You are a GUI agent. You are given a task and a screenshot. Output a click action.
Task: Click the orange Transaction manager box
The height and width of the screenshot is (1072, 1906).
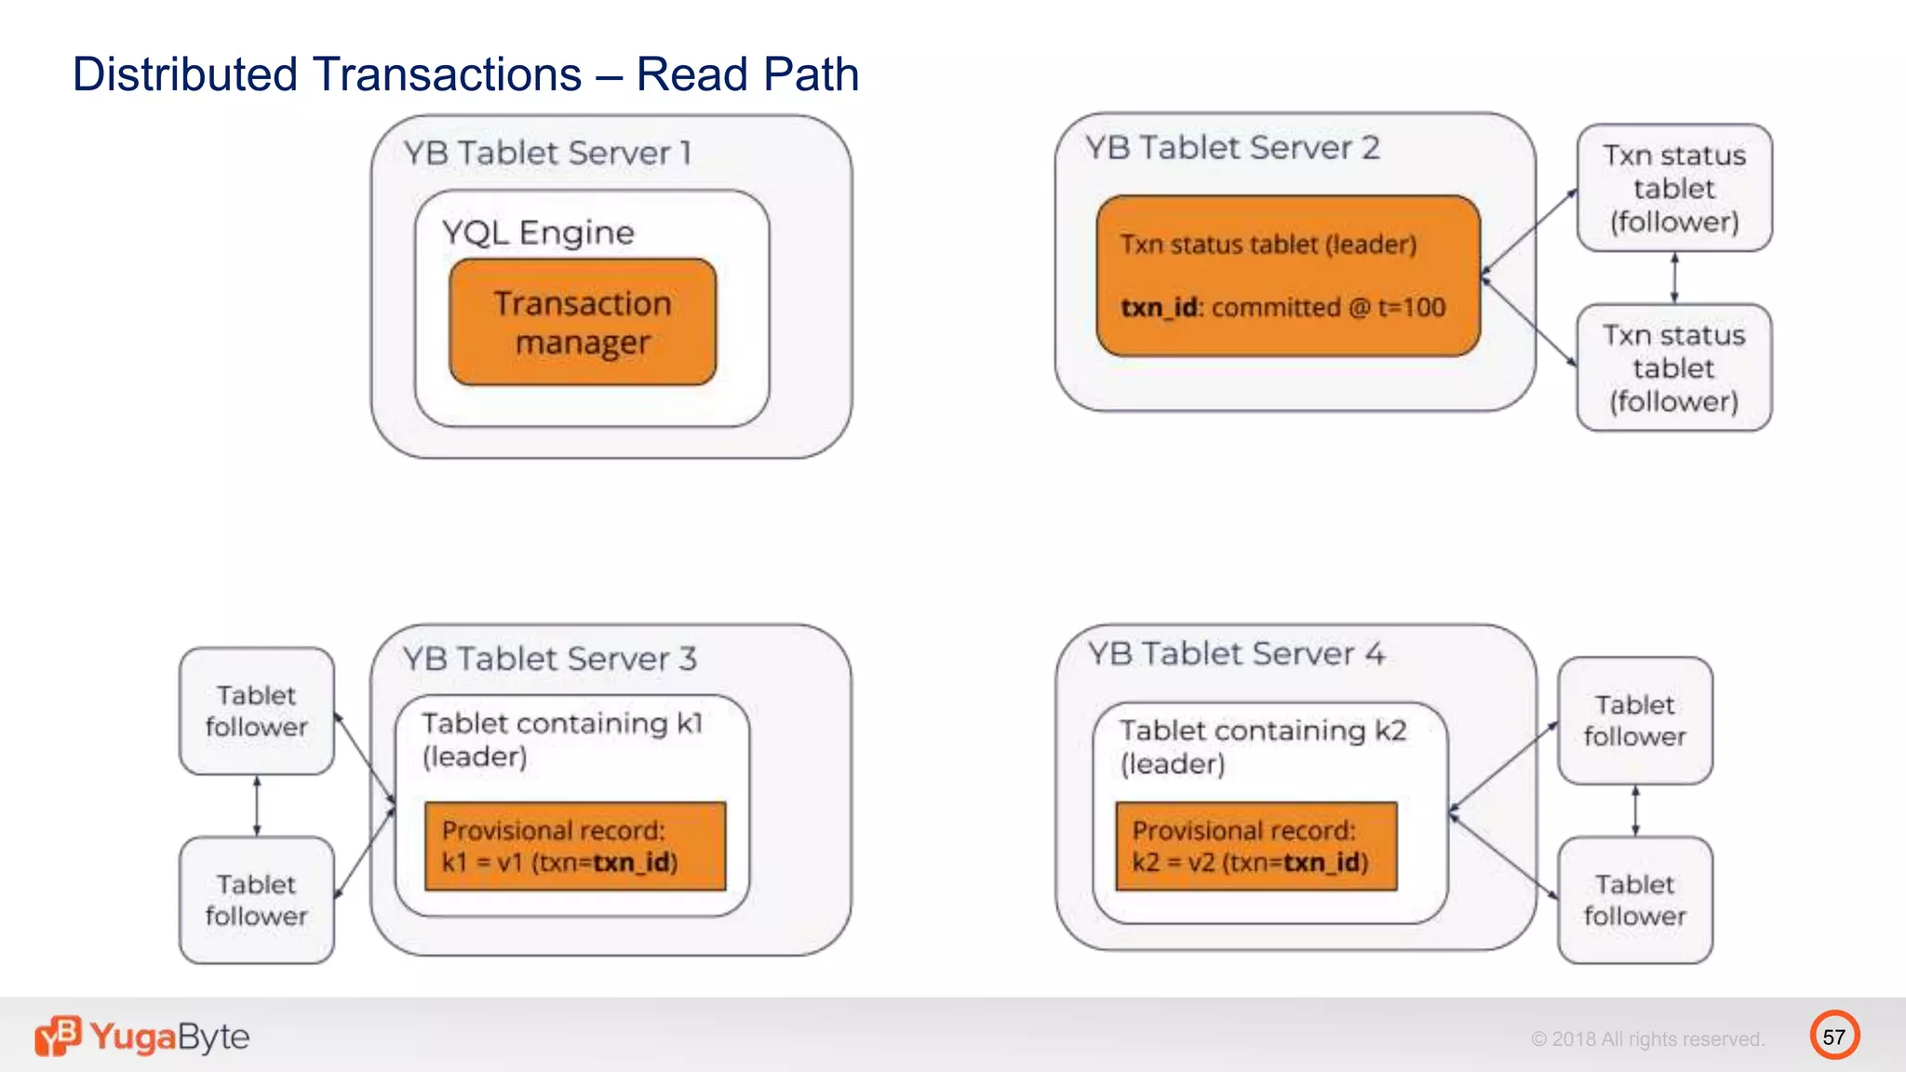point(583,322)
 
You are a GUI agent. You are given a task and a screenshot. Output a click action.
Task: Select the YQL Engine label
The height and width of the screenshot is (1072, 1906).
point(538,233)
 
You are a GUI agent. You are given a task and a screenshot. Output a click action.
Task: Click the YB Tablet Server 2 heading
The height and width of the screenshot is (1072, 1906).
point(1232,148)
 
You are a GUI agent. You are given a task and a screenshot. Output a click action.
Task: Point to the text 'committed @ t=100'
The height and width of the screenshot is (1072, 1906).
point(1329,308)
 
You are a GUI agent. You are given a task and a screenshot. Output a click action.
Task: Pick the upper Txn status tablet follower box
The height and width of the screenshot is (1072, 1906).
point(1674,188)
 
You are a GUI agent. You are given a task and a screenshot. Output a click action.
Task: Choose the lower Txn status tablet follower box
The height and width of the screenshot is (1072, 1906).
point(1674,368)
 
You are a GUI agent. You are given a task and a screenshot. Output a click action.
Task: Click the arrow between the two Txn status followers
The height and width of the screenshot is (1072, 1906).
point(1674,277)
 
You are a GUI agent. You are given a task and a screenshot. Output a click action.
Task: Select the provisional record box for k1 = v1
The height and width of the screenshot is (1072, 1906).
point(574,846)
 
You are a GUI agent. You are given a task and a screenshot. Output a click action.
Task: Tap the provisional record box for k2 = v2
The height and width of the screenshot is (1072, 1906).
point(1255,846)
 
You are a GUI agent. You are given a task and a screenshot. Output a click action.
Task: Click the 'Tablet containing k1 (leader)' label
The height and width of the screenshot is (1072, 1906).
point(562,740)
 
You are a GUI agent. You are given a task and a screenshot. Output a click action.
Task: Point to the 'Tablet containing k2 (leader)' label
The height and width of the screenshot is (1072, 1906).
point(1263,746)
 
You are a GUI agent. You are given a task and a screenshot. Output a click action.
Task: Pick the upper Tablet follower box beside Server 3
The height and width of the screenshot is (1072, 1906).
point(257,711)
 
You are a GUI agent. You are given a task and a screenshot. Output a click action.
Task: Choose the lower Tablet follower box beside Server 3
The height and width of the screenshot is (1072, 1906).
point(257,900)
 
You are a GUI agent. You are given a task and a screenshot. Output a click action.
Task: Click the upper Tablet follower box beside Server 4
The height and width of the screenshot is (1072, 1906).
point(1635,720)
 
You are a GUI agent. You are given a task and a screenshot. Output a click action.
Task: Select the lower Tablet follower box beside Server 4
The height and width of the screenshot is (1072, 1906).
point(1635,900)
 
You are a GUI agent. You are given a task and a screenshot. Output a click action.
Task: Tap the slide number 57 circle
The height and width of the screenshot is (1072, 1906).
point(1834,1037)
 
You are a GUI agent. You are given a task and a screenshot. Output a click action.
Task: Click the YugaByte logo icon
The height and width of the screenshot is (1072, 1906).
point(58,1036)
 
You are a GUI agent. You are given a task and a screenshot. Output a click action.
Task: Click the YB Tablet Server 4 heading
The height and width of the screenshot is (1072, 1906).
point(1237,654)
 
